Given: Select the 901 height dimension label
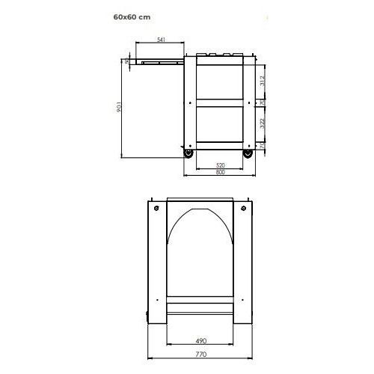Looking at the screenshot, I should click(x=120, y=108).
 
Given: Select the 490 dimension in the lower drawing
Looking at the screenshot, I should click(x=200, y=340).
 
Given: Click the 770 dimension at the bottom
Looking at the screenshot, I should click(x=200, y=358).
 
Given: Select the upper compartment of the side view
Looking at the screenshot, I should click(x=219, y=79).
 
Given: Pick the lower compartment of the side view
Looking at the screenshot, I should click(x=219, y=123).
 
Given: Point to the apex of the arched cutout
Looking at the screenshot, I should click(x=200, y=209).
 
